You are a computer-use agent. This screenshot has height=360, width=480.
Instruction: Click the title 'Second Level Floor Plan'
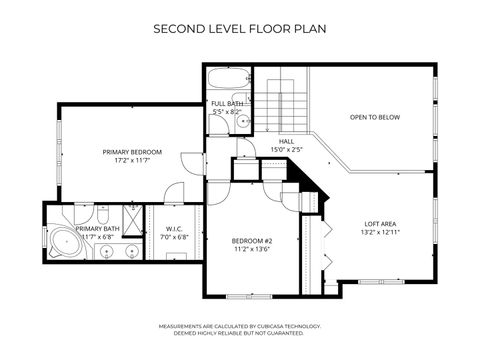239,29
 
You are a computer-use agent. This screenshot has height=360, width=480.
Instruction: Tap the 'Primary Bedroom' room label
132,152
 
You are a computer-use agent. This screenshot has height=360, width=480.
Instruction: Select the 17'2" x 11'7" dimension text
132,162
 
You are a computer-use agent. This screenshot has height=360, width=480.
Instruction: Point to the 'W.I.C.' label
173,229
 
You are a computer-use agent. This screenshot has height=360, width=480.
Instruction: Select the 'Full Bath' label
227,104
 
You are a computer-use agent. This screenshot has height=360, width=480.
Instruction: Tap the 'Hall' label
286,141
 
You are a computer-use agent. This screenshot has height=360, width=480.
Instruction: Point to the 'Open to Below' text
375,117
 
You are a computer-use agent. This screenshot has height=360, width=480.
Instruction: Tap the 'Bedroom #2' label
252,241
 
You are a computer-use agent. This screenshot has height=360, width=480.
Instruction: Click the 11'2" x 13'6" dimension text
252,250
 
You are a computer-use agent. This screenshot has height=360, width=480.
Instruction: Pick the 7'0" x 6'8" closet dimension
173,238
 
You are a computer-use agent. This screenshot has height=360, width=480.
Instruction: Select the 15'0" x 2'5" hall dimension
286,150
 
